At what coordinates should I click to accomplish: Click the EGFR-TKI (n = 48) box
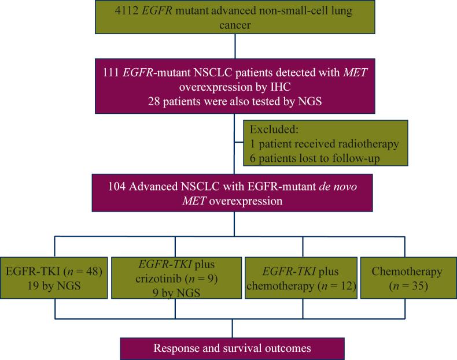(55, 277)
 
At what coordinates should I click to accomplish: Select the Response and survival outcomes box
(232, 348)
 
